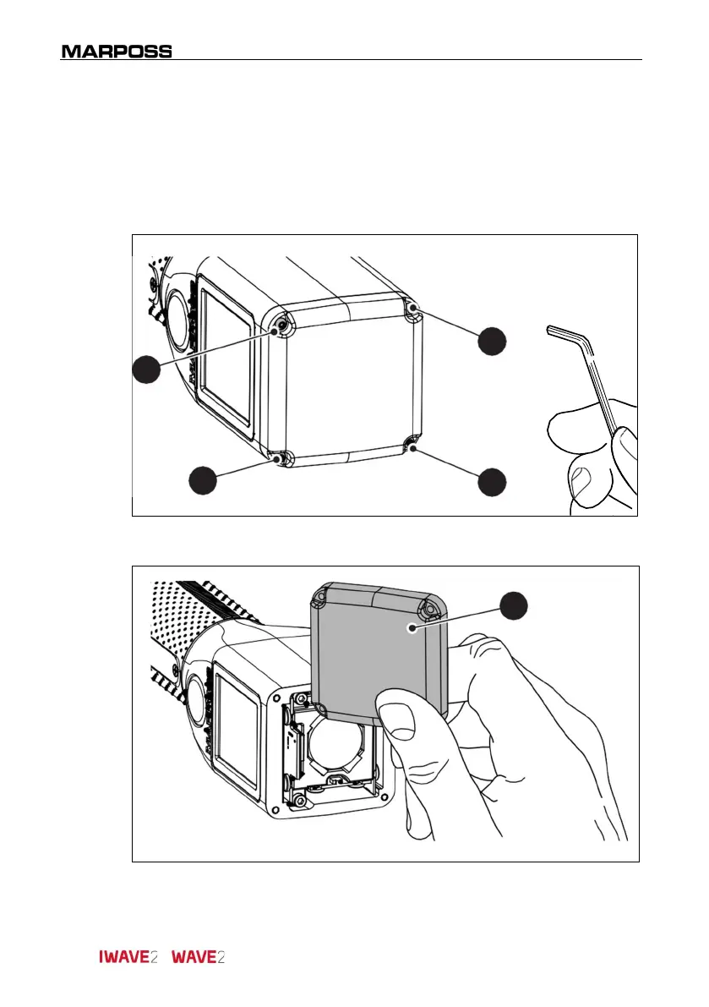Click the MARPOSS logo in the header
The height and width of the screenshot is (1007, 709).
[x=117, y=52]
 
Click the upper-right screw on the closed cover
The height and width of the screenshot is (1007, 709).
[x=412, y=310]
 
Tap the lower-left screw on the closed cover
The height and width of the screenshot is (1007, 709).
[x=278, y=457]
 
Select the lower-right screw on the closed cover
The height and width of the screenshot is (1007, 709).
[x=411, y=446]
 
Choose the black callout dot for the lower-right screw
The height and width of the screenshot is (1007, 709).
[x=492, y=481]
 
